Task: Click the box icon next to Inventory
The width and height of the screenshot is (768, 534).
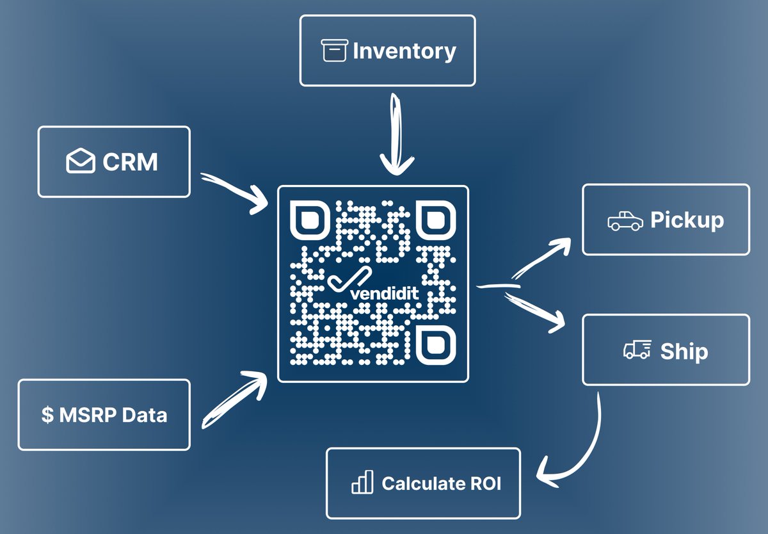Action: click(x=334, y=51)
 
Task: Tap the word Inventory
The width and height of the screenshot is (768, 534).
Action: click(x=404, y=51)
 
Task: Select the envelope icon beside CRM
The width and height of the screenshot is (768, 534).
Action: click(x=81, y=162)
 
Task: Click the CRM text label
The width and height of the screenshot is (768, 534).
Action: click(x=131, y=162)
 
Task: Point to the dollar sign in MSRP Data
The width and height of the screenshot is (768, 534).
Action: click(x=47, y=415)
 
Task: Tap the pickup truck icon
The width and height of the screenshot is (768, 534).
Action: click(x=625, y=221)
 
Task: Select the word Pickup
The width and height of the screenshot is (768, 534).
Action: click(x=687, y=220)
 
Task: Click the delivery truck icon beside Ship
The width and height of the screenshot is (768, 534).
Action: click(x=637, y=350)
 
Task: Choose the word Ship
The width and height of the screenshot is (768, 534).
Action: click(x=684, y=351)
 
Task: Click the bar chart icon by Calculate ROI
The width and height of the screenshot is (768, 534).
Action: click(x=362, y=483)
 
